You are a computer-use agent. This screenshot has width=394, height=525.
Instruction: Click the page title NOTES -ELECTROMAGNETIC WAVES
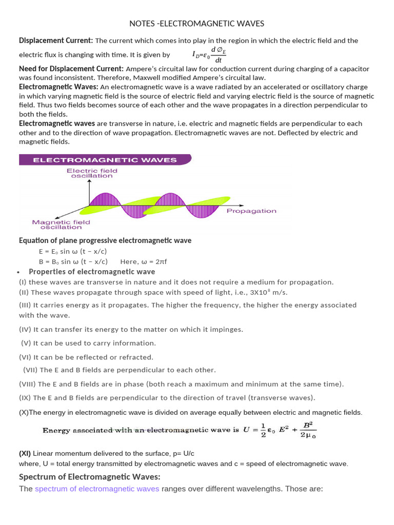pos(196,24)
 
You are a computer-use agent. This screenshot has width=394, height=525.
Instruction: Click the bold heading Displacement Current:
pos(56,41)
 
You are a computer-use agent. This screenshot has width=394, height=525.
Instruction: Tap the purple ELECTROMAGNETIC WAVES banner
pos(105,160)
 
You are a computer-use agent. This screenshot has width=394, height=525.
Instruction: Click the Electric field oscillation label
pos(92,173)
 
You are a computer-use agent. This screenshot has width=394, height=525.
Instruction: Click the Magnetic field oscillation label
pos(61,225)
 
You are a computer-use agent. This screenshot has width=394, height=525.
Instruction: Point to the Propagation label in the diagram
pos(251,211)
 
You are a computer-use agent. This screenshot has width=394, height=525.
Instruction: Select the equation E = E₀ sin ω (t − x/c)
pos(73,251)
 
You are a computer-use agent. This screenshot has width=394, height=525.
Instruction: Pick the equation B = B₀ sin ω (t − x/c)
pos(73,261)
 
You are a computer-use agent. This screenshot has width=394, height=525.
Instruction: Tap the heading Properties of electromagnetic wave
pos(92,272)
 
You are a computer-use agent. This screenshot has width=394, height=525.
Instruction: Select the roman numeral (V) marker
pos(26,343)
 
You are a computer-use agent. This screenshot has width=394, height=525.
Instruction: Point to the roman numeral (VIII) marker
pos(27,384)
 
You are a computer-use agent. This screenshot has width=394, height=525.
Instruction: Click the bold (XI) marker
pos(25,454)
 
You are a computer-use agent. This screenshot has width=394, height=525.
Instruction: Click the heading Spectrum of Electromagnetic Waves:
pos(90,477)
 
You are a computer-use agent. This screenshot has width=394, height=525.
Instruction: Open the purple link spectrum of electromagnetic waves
pos(97,489)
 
